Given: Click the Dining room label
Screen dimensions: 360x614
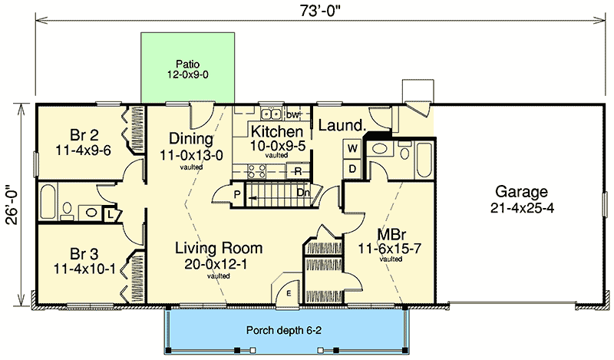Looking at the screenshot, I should tap(190, 145).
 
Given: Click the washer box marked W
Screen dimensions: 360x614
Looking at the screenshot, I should tap(353, 147).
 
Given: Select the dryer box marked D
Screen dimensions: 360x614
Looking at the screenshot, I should tap(353, 167).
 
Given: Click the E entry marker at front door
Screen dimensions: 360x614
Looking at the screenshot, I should tap(288, 292).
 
